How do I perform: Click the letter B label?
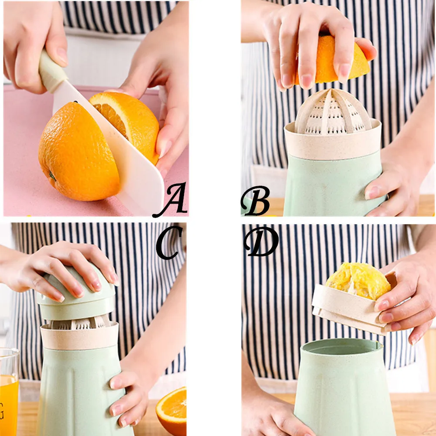[255, 200]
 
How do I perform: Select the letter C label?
[168, 242]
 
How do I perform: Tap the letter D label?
[261, 241]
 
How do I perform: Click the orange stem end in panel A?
[52, 176]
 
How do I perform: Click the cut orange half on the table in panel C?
[171, 412]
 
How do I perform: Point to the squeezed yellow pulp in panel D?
[358, 281]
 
